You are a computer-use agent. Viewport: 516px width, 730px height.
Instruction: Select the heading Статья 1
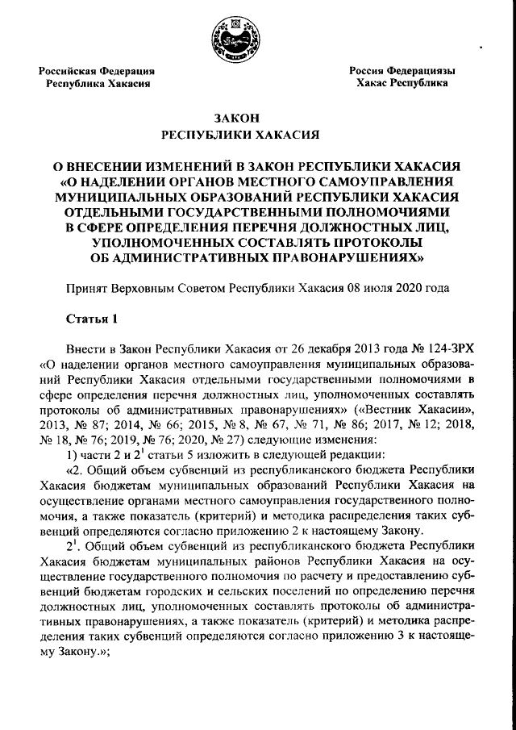92,318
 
